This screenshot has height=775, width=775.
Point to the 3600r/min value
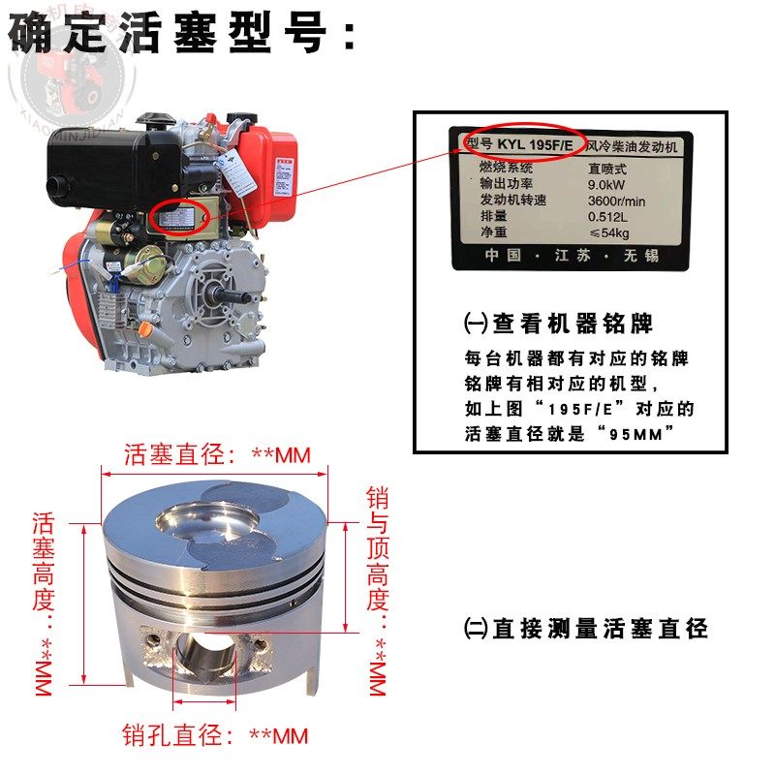(617, 199)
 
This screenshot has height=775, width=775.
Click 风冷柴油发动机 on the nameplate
(635, 145)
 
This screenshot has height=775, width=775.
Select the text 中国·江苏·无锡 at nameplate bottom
(572, 256)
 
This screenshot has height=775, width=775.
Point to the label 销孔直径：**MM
(214, 736)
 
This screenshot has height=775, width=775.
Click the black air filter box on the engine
(111, 160)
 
